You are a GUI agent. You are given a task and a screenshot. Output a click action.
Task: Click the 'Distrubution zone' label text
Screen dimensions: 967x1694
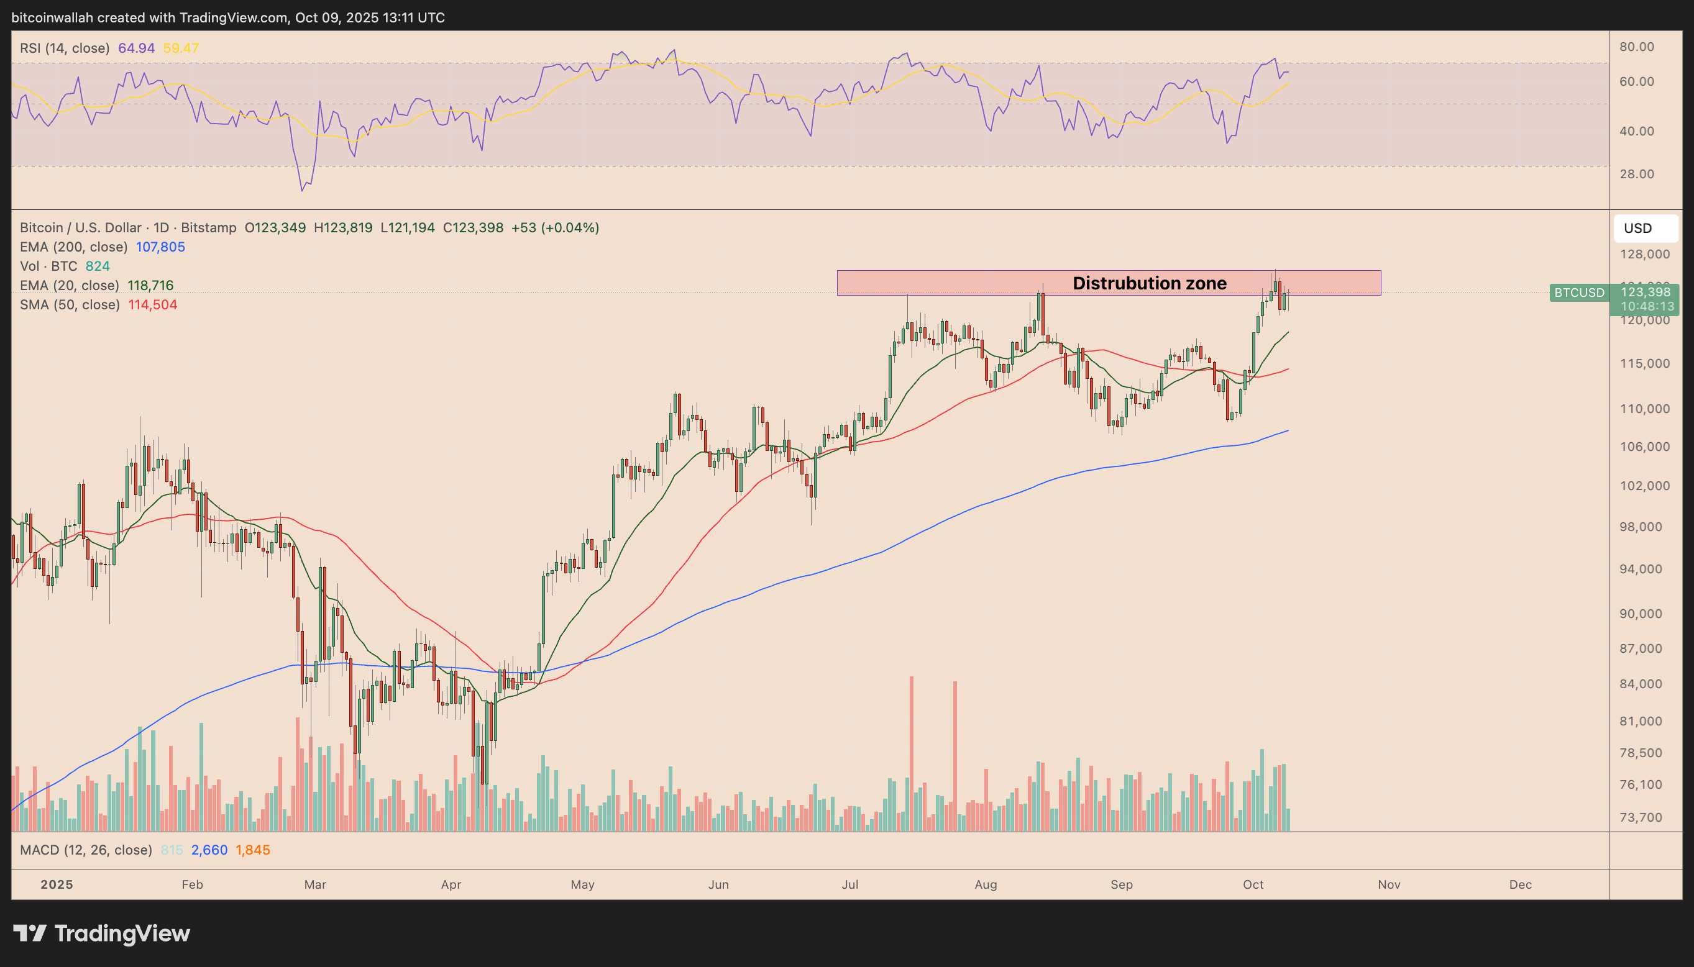pos(1149,283)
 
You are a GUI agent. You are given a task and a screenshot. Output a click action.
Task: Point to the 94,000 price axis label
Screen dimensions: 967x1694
pos(1644,568)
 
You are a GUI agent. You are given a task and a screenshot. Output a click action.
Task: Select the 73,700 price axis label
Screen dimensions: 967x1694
pos(1644,817)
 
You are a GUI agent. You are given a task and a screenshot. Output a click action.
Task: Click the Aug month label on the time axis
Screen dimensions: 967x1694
pos(986,884)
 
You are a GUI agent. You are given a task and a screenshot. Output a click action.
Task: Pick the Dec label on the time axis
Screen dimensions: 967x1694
pos(1520,884)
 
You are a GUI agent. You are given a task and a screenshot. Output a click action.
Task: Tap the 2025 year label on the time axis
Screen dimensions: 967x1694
pos(57,884)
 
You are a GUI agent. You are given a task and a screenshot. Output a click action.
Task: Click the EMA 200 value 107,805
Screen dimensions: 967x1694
pos(160,247)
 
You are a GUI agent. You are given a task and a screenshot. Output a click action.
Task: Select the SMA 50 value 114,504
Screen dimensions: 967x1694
pos(152,305)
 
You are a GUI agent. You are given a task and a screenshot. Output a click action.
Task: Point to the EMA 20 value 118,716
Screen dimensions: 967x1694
pos(150,286)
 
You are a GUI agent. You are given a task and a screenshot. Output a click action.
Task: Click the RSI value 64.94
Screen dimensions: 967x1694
pos(136,48)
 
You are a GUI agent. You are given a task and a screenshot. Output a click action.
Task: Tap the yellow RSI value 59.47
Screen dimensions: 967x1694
pos(181,48)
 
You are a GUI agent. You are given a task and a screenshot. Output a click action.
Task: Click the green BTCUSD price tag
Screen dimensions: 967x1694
pos(1579,293)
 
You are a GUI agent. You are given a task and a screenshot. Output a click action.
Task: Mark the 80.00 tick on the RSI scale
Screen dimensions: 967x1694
pos(1636,47)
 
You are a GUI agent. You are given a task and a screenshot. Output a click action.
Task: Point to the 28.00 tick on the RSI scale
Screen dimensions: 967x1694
pos(1636,174)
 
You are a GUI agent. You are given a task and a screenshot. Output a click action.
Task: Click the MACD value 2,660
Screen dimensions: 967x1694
pos(209,850)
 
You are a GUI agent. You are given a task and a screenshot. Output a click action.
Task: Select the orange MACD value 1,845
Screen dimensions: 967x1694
pos(252,850)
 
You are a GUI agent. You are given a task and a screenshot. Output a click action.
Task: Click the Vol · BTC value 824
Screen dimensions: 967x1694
pos(98,266)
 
